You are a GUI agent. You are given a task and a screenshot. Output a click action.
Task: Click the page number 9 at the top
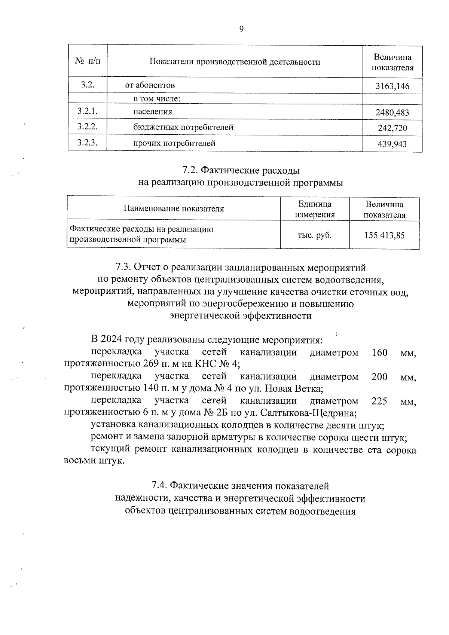241,29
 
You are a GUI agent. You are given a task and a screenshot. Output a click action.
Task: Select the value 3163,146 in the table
392,86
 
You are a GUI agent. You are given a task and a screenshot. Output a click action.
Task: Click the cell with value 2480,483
392,113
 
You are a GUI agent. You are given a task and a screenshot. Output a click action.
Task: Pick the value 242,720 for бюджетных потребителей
392,128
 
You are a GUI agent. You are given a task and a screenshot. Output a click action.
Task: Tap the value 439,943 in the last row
392,144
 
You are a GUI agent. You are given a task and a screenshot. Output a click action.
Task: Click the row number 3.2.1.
88,111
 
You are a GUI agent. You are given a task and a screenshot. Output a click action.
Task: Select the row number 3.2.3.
88,143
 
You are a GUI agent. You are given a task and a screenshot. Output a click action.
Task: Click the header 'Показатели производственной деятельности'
235,62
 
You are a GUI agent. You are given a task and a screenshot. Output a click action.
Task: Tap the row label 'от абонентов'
150,85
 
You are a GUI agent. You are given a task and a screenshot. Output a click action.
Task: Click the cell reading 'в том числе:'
157,99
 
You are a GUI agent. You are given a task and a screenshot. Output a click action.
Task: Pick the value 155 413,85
384,235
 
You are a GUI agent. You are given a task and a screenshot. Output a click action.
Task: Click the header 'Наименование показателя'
174,209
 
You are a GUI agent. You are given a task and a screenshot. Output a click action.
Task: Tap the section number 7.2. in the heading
190,171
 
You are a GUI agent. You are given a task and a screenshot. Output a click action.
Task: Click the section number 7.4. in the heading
159,486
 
